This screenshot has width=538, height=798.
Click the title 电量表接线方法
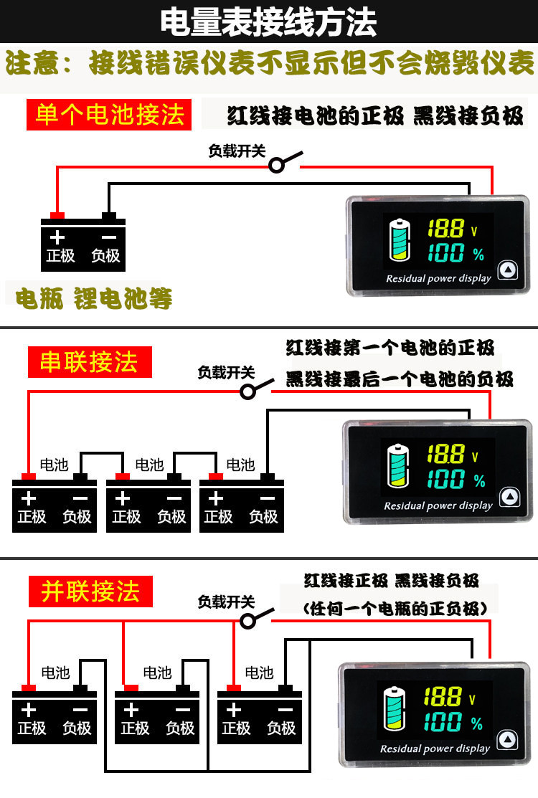pyautogui.click(x=268, y=22)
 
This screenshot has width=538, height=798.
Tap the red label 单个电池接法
pyautogui.click(x=109, y=115)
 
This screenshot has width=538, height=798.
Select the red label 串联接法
pyautogui.click(x=89, y=362)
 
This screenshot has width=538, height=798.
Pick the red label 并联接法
pyautogui.click(x=90, y=592)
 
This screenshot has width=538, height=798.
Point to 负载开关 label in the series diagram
pyautogui.click(x=226, y=373)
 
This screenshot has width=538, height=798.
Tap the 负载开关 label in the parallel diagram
pyautogui.click(x=226, y=602)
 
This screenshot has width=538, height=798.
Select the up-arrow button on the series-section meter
pyautogui.click(x=509, y=497)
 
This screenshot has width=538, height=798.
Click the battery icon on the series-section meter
pyautogui.click(x=396, y=467)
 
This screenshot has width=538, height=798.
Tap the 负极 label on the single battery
pyautogui.click(x=105, y=256)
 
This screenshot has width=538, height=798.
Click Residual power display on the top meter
pyautogui.click(x=438, y=278)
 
